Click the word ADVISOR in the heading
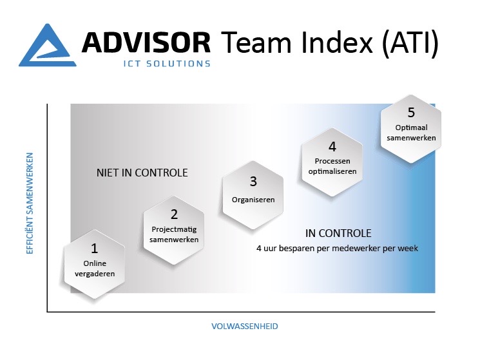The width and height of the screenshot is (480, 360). (146, 43)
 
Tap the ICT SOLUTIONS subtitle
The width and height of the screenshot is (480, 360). (167, 64)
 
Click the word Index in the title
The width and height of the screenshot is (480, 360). (337, 43)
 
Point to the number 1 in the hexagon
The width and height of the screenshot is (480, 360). (94, 248)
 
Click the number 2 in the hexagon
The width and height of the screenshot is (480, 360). (174, 214)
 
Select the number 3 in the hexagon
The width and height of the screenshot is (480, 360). (253, 182)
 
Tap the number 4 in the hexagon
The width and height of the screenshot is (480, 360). (332, 147)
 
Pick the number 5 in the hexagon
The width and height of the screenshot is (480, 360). (411, 113)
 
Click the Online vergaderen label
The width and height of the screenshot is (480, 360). (95, 269)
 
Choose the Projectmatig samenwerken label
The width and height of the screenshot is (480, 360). (174, 234)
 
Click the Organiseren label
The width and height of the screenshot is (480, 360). (253, 200)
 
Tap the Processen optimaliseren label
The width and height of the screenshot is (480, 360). (332, 166)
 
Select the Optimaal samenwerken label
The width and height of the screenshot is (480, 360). (411, 133)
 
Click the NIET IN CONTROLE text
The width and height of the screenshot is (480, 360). (142, 173)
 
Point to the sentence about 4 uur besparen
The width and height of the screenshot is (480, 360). (337, 248)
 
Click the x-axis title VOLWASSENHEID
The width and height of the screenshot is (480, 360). (245, 326)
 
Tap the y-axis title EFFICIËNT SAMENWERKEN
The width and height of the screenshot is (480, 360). (30, 204)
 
